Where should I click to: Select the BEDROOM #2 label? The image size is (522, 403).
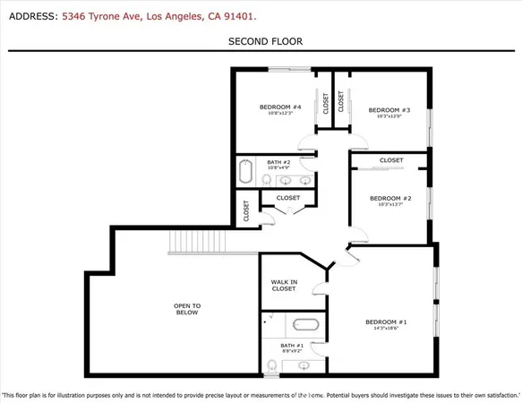point(389,198)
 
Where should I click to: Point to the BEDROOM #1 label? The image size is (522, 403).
point(386,322)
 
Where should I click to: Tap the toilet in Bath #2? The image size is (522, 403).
point(269,179)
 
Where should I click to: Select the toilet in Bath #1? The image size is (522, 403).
point(271,365)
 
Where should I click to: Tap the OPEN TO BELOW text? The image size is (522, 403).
point(186,309)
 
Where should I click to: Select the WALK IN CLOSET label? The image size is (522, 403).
point(284,286)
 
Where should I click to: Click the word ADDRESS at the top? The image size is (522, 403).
point(30,16)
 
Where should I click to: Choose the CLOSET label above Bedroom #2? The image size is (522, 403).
point(391,160)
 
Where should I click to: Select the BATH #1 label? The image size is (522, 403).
point(292,345)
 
